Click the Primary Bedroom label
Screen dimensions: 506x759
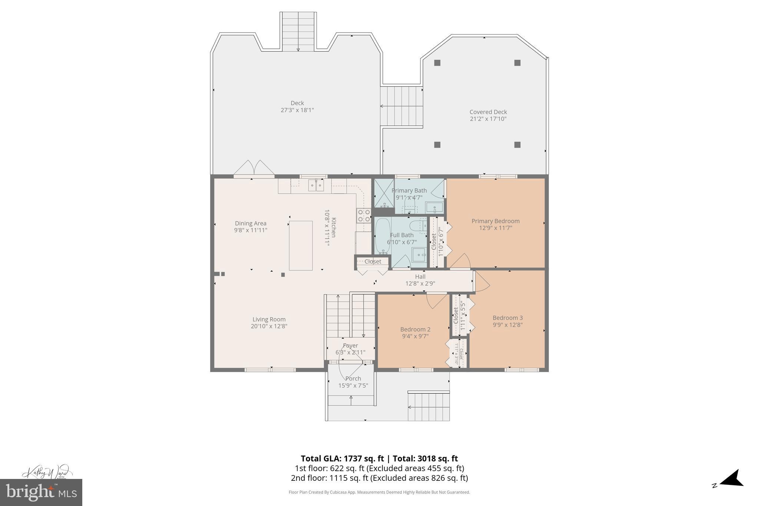(x=495, y=221)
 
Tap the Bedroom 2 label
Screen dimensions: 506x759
(x=415, y=329)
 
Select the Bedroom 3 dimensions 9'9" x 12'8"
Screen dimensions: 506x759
(x=507, y=325)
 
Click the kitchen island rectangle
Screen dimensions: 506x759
(x=301, y=245)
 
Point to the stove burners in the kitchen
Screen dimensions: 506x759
(x=364, y=215)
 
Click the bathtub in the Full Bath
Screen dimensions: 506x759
(x=382, y=235)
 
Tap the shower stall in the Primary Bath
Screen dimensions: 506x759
(x=384, y=193)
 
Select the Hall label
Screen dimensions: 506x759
(x=420, y=277)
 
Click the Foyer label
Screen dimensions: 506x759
(x=350, y=345)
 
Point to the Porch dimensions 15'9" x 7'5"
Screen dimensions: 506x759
(x=353, y=386)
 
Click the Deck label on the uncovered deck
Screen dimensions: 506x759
(x=297, y=103)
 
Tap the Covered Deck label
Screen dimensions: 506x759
(x=488, y=112)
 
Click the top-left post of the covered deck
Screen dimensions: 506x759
(x=437, y=63)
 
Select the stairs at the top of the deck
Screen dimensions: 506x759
(x=298, y=32)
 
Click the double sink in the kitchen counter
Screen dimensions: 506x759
(x=316, y=185)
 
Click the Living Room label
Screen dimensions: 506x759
(x=269, y=319)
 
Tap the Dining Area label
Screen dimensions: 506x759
(x=251, y=223)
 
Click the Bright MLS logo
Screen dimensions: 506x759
(x=41, y=492)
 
